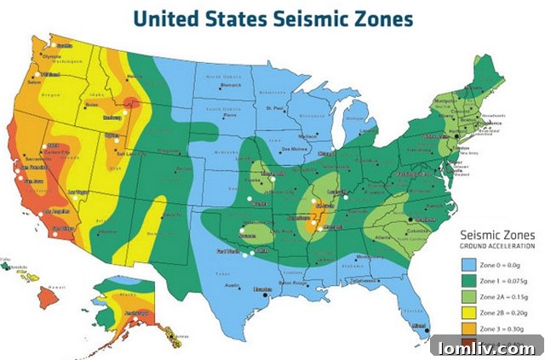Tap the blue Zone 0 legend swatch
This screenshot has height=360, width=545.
(x=467, y=264)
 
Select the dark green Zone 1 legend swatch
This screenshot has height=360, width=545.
(x=467, y=280)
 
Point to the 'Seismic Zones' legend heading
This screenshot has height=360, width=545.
(x=496, y=234)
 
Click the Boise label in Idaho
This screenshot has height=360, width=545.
(x=92, y=104)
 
